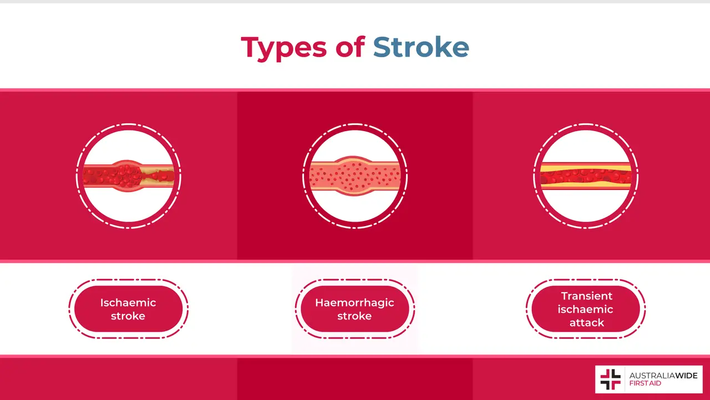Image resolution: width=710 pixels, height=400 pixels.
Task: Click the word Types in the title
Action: tap(283, 48)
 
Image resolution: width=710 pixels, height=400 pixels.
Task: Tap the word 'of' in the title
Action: tap(349, 48)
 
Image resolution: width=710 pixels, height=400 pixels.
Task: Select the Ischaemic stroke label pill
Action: tap(128, 309)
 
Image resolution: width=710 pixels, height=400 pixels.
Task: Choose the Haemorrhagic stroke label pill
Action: tap(354, 309)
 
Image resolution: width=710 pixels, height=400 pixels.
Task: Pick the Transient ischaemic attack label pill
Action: tap(586, 309)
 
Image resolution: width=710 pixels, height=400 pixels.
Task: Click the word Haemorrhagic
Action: tap(354, 303)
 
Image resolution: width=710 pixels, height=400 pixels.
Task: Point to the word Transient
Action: tap(586, 296)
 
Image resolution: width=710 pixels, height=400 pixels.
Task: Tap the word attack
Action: tap(586, 323)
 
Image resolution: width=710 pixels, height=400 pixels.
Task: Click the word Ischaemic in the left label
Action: tap(128, 303)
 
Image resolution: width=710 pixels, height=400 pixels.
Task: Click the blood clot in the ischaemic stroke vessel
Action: tap(129, 176)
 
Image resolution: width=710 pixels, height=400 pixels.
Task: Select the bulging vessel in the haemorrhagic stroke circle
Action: tap(355, 177)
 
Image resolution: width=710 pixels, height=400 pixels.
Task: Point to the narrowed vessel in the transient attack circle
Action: tap(586, 176)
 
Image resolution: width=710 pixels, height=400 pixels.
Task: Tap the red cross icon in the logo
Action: tap(610, 379)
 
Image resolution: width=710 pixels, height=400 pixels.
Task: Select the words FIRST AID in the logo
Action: tap(646, 384)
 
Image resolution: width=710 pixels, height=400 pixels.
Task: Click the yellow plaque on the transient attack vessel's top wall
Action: tap(586, 167)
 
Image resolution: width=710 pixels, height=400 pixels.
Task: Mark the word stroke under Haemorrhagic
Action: tap(354, 316)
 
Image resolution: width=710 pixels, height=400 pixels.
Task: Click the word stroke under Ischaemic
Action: tap(128, 316)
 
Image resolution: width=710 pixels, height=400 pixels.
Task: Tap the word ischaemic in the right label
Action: tap(586, 309)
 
